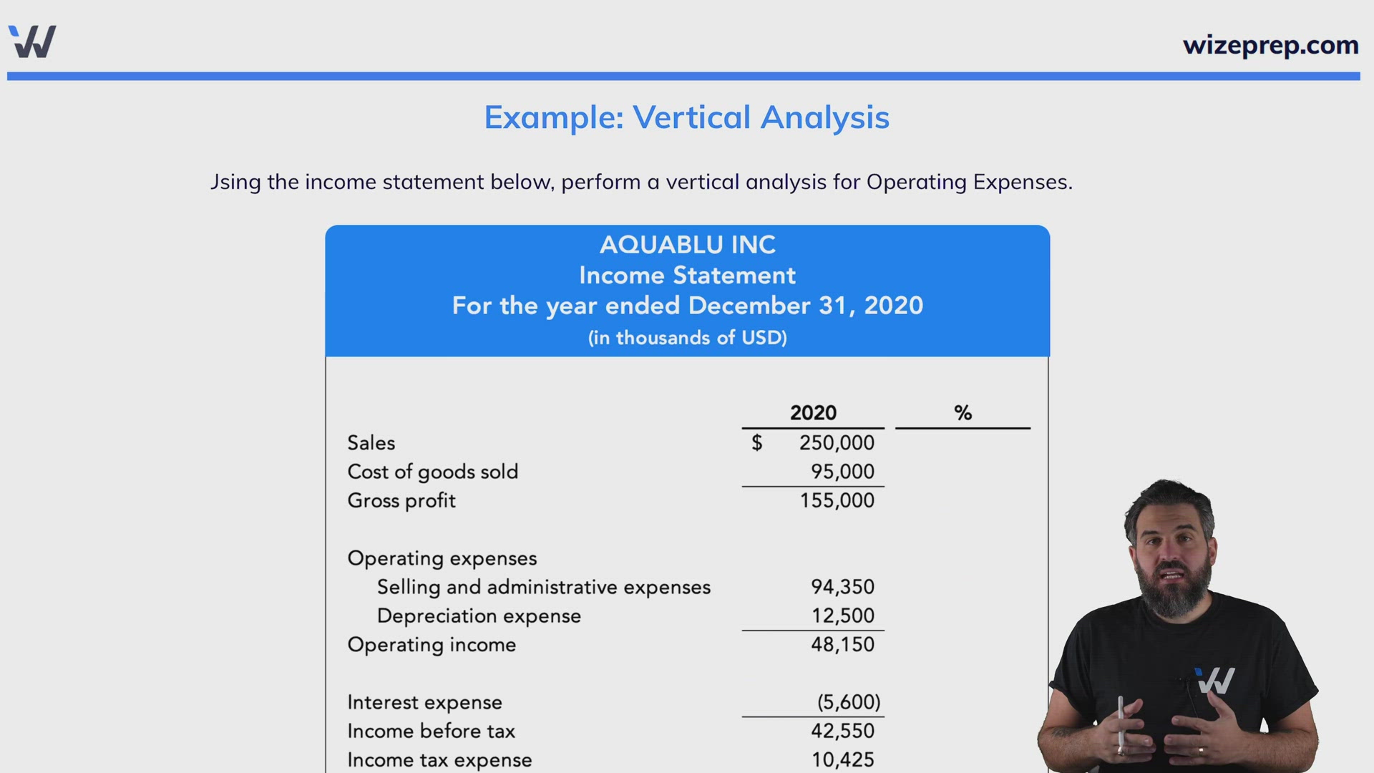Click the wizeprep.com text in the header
[1270, 45]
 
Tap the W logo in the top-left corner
[32, 42]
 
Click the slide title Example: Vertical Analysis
[686, 117]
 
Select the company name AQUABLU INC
[687, 245]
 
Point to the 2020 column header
[813, 413]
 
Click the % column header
[963, 413]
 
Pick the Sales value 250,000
[837, 443]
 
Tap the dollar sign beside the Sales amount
[756, 443]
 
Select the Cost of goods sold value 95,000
[842, 472]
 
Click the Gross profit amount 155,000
[837, 500]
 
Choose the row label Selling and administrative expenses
[543, 587]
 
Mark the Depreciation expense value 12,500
[842, 616]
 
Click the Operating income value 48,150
[842, 644]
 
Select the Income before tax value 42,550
[842, 731]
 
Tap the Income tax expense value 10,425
[842, 759]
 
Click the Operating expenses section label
[442, 558]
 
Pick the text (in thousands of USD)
[687, 338]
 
